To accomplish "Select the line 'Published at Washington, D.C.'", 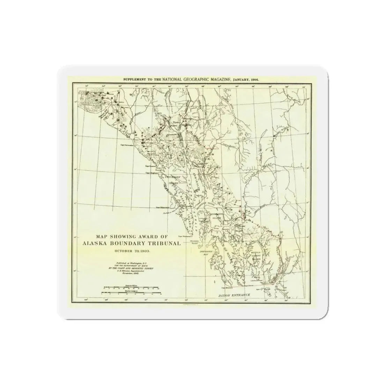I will (127, 262).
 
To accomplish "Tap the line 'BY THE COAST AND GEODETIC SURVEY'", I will (127, 268).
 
